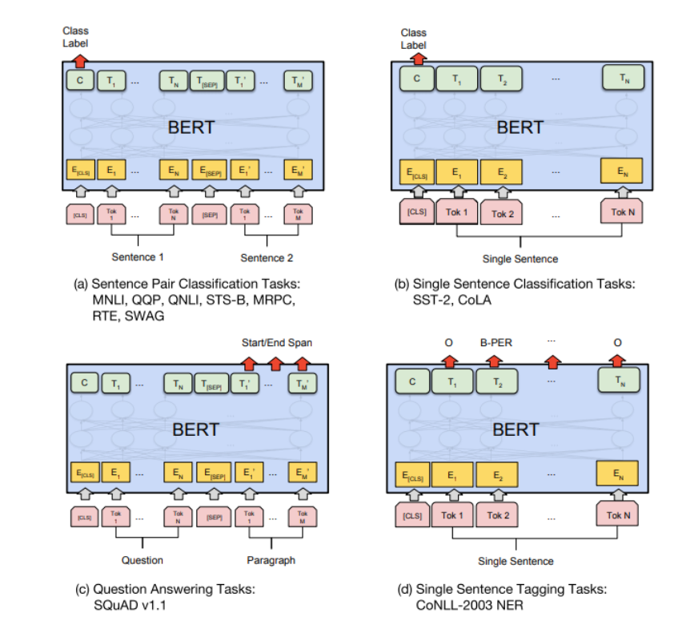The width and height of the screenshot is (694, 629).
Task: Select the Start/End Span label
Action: pyautogui.click(x=277, y=343)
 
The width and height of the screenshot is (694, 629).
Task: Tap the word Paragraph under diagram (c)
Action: pyautogui.click(x=271, y=560)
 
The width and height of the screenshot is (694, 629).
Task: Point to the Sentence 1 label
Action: pyautogui.click(x=138, y=258)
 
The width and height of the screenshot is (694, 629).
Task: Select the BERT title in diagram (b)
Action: pyautogui.click(x=519, y=127)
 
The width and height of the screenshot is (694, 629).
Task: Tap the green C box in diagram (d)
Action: pyautogui.click(x=412, y=382)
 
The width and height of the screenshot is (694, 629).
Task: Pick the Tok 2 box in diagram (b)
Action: pyautogui.click(x=501, y=213)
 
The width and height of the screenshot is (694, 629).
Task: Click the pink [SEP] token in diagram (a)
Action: pyautogui.click(x=210, y=215)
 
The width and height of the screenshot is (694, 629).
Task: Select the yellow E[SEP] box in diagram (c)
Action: pyautogui.click(x=210, y=474)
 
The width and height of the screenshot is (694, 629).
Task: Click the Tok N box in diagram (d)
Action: pyautogui.click(x=618, y=515)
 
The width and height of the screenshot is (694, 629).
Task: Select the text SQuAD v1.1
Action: pyautogui.click(x=129, y=603)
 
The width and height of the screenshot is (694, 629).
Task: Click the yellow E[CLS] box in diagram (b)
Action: pyautogui.click(x=415, y=171)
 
